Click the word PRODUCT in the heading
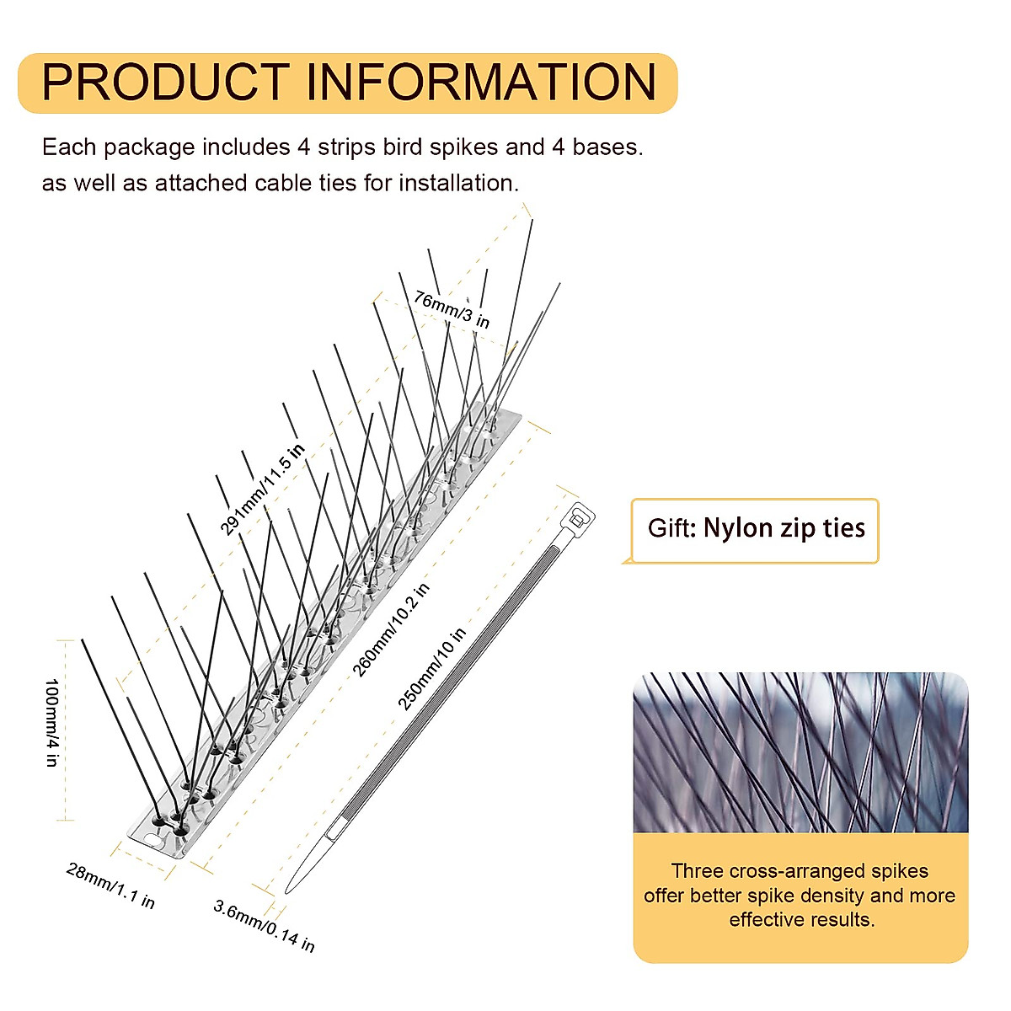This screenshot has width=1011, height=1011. (x=165, y=83)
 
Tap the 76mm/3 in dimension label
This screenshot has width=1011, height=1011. (x=452, y=309)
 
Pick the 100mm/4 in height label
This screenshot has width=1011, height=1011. (x=52, y=722)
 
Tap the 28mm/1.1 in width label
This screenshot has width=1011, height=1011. (x=110, y=885)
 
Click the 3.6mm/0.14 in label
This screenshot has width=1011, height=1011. (x=264, y=926)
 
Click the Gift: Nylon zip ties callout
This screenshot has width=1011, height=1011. (x=755, y=529)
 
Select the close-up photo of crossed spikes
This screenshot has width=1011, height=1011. (x=800, y=752)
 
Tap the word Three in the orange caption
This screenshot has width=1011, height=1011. (x=696, y=870)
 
